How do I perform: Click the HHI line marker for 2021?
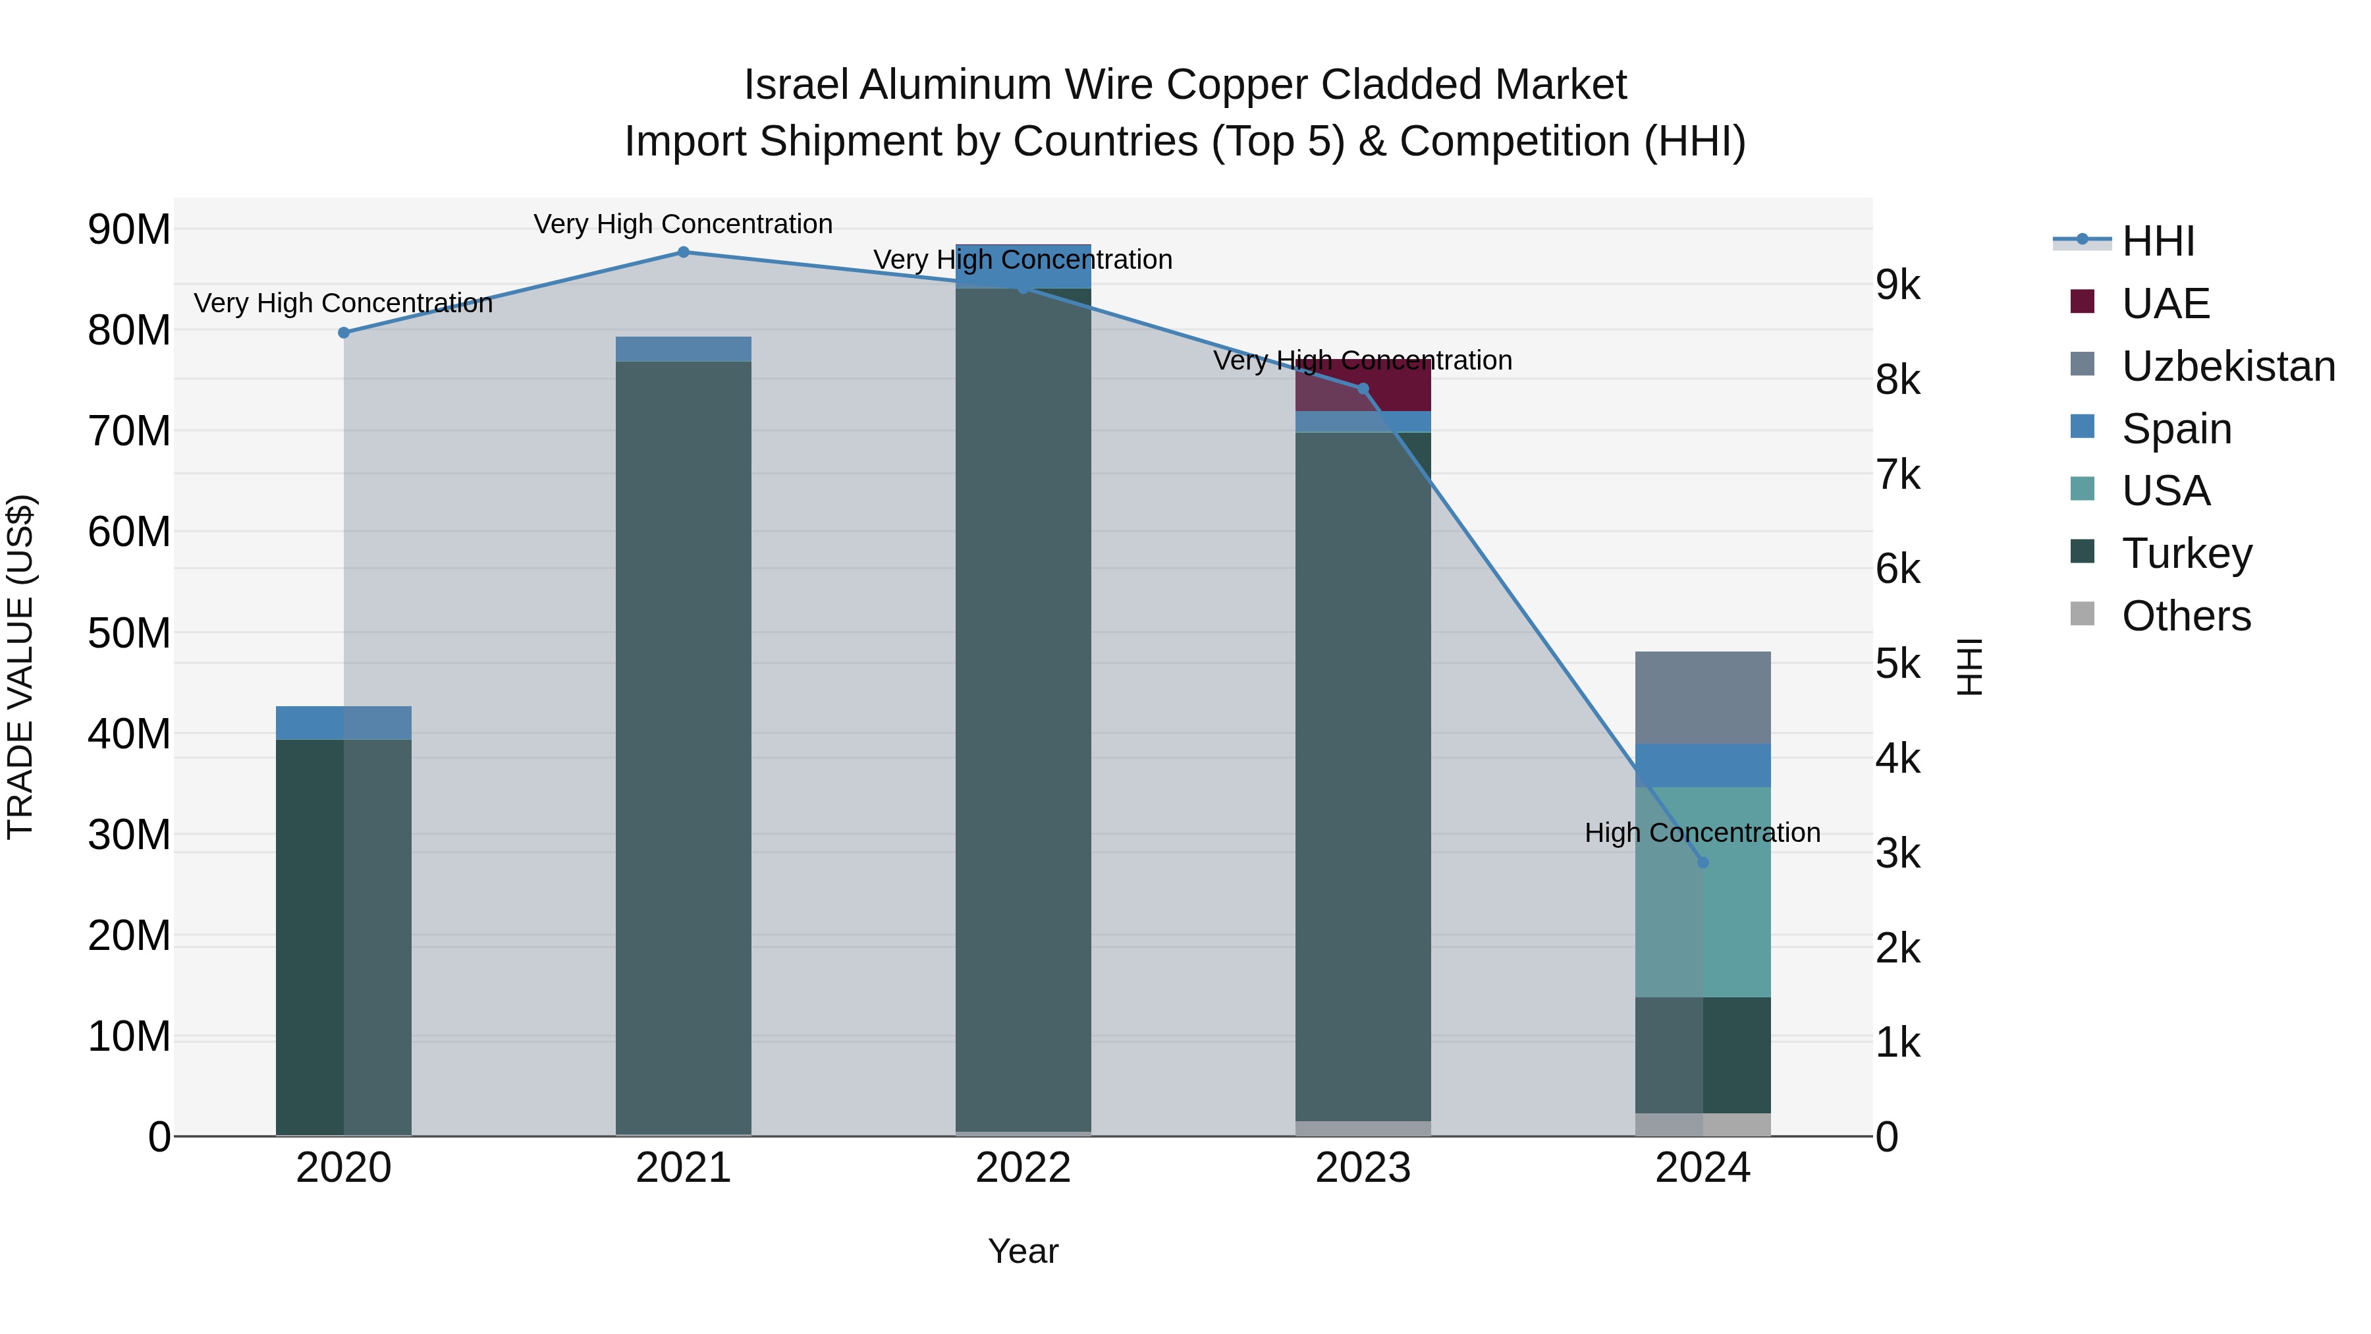[x=683, y=252]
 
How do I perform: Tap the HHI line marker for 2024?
[x=1702, y=862]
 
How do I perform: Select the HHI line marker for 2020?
[x=343, y=333]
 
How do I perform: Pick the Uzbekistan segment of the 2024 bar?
[x=1702, y=697]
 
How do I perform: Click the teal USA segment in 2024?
[x=1702, y=891]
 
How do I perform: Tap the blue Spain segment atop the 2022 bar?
[x=1023, y=264]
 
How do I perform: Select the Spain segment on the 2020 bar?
[x=343, y=723]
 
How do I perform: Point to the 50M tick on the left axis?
[x=129, y=633]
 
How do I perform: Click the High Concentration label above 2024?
[x=1702, y=832]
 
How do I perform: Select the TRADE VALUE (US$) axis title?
[x=20, y=667]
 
